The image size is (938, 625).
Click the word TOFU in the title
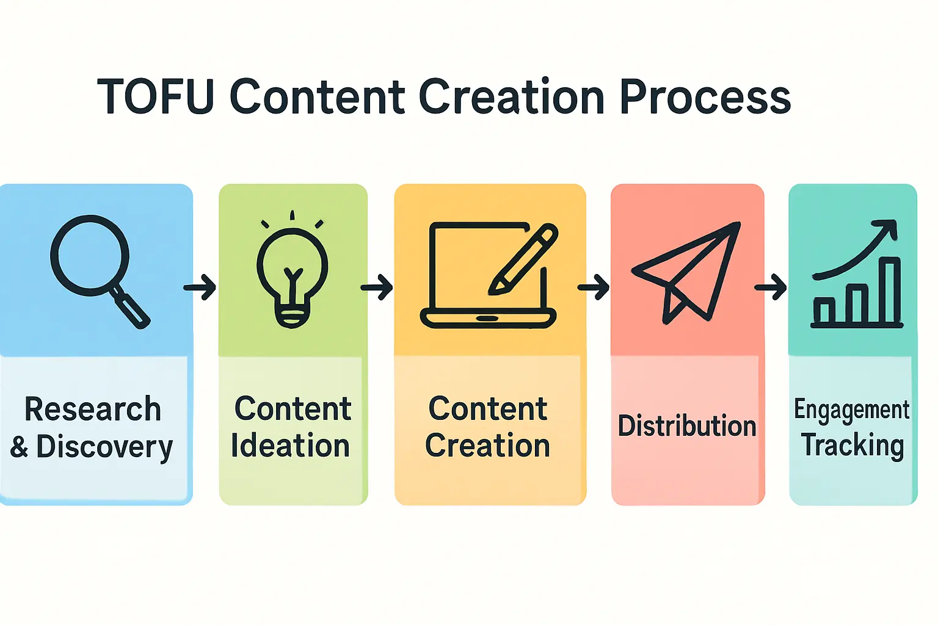click(x=156, y=96)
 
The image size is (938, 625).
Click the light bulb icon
click(x=293, y=275)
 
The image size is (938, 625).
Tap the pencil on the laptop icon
click(x=524, y=259)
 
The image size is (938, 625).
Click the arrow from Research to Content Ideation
click(x=200, y=287)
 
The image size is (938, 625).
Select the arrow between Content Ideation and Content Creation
click(x=377, y=287)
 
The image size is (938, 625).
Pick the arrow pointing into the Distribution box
click(x=594, y=287)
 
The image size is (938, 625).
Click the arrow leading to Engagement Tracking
click(x=771, y=287)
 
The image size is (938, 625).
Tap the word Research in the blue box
click(x=93, y=409)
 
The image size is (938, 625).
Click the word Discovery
click(x=104, y=447)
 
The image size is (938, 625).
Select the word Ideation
click(x=290, y=446)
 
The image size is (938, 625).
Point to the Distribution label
click(x=687, y=426)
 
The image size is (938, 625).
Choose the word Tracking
click(x=853, y=446)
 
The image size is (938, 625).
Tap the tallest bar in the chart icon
click(x=892, y=292)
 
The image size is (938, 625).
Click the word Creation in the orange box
click(x=487, y=446)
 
